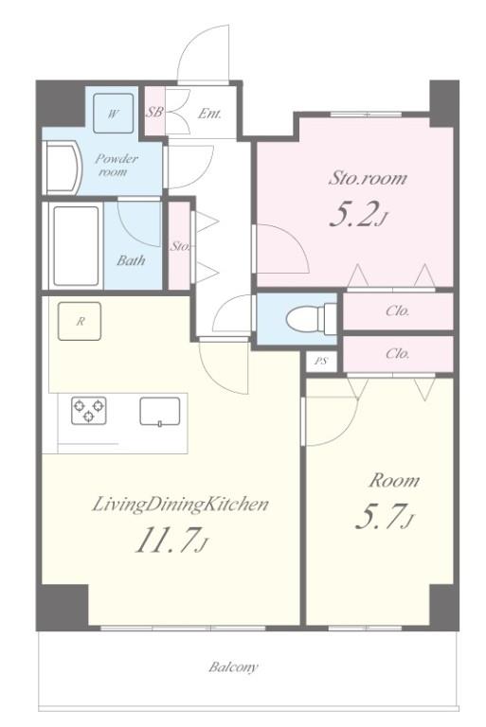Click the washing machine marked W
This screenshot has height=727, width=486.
[114, 114]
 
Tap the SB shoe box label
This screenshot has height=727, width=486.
[154, 113]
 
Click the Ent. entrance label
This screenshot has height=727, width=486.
[209, 114]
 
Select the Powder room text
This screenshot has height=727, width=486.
[116, 165]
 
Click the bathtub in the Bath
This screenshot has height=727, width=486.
[76, 245]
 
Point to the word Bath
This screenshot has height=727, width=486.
[131, 260]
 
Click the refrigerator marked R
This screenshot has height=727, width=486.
[80, 321]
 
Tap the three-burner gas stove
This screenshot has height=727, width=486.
[89, 410]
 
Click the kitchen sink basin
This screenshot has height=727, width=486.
[160, 411]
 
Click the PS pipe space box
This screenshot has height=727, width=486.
[321, 361]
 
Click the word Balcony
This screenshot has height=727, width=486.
[233, 667]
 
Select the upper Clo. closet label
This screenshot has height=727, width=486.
[397, 310]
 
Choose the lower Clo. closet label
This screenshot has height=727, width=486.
[397, 354]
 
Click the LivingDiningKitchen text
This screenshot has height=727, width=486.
[181, 505]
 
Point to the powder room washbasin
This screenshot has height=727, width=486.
[63, 168]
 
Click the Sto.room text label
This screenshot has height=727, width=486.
[368, 179]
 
